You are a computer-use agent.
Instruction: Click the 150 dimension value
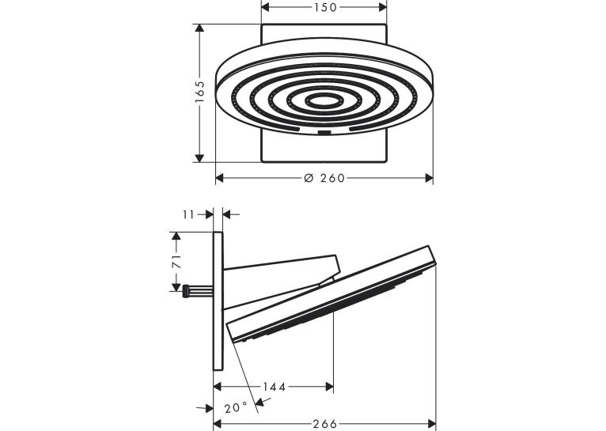pyautogui.click(x=324, y=7)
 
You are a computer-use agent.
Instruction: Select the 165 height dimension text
pyautogui.click(x=199, y=92)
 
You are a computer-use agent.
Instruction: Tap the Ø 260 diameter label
pyautogui.click(x=324, y=178)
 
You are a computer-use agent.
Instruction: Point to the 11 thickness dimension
pyautogui.click(x=188, y=214)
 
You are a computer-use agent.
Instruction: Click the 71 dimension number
pyautogui.click(x=176, y=262)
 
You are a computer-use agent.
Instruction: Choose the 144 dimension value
pyautogui.click(x=275, y=386)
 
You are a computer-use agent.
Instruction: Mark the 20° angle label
pyautogui.click(x=236, y=407)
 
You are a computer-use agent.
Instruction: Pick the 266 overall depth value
pyautogui.click(x=325, y=424)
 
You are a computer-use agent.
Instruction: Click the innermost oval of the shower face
pyautogui.click(x=324, y=100)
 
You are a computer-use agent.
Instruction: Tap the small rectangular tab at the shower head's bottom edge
pyautogui.click(x=324, y=133)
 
